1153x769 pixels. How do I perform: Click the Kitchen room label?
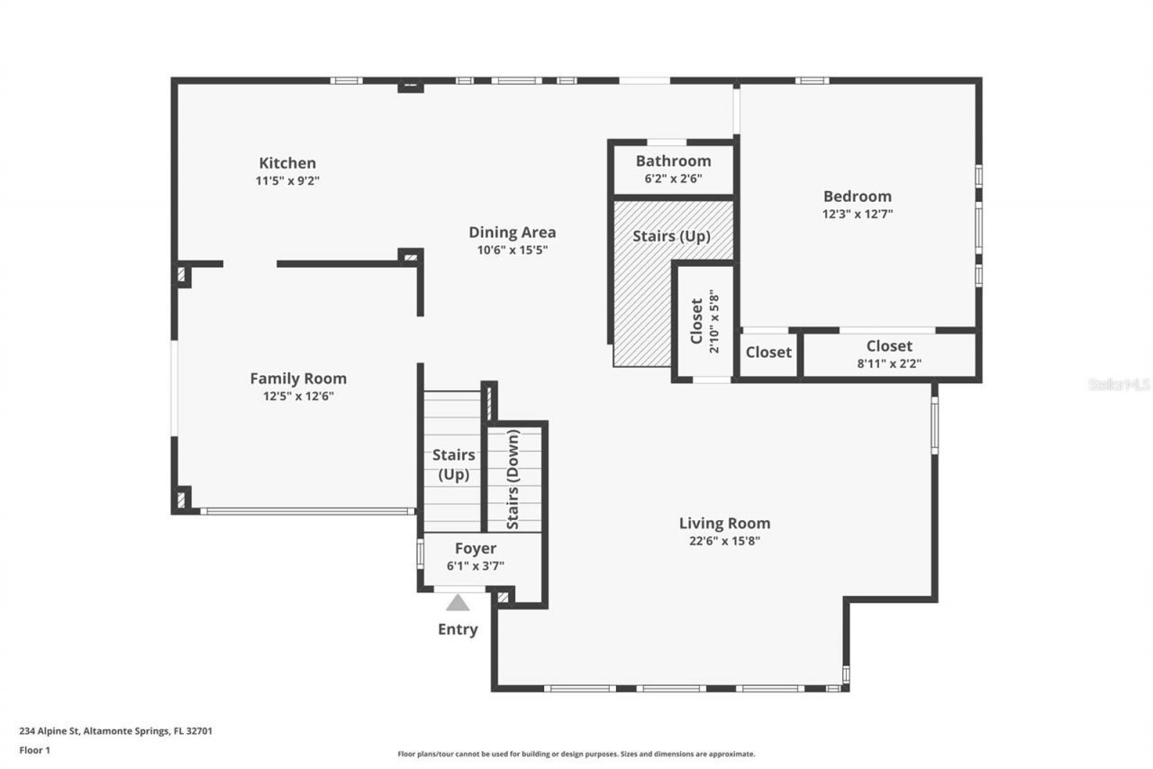point(287,163)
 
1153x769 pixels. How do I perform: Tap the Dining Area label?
point(512,232)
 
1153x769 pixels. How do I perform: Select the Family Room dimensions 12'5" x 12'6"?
point(297,396)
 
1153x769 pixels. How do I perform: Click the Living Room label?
point(724,523)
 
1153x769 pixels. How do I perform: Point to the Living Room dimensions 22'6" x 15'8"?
point(724,541)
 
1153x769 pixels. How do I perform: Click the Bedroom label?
point(857,196)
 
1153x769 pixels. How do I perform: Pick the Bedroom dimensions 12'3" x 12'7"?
point(857,215)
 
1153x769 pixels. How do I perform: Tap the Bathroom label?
point(673,160)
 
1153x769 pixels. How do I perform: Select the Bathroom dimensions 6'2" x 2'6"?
point(673,179)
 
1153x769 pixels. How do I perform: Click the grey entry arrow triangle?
point(458,602)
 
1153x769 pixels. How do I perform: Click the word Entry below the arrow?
point(458,629)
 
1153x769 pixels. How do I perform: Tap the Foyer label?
point(475,548)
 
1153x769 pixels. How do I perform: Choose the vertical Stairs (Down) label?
point(513,479)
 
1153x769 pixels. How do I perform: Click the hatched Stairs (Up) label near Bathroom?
point(671,236)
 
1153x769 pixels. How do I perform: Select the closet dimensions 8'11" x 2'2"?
point(889,364)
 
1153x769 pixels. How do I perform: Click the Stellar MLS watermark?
point(1119,384)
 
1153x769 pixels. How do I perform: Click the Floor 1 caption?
point(35,749)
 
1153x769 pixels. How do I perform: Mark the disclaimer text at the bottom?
point(576,754)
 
